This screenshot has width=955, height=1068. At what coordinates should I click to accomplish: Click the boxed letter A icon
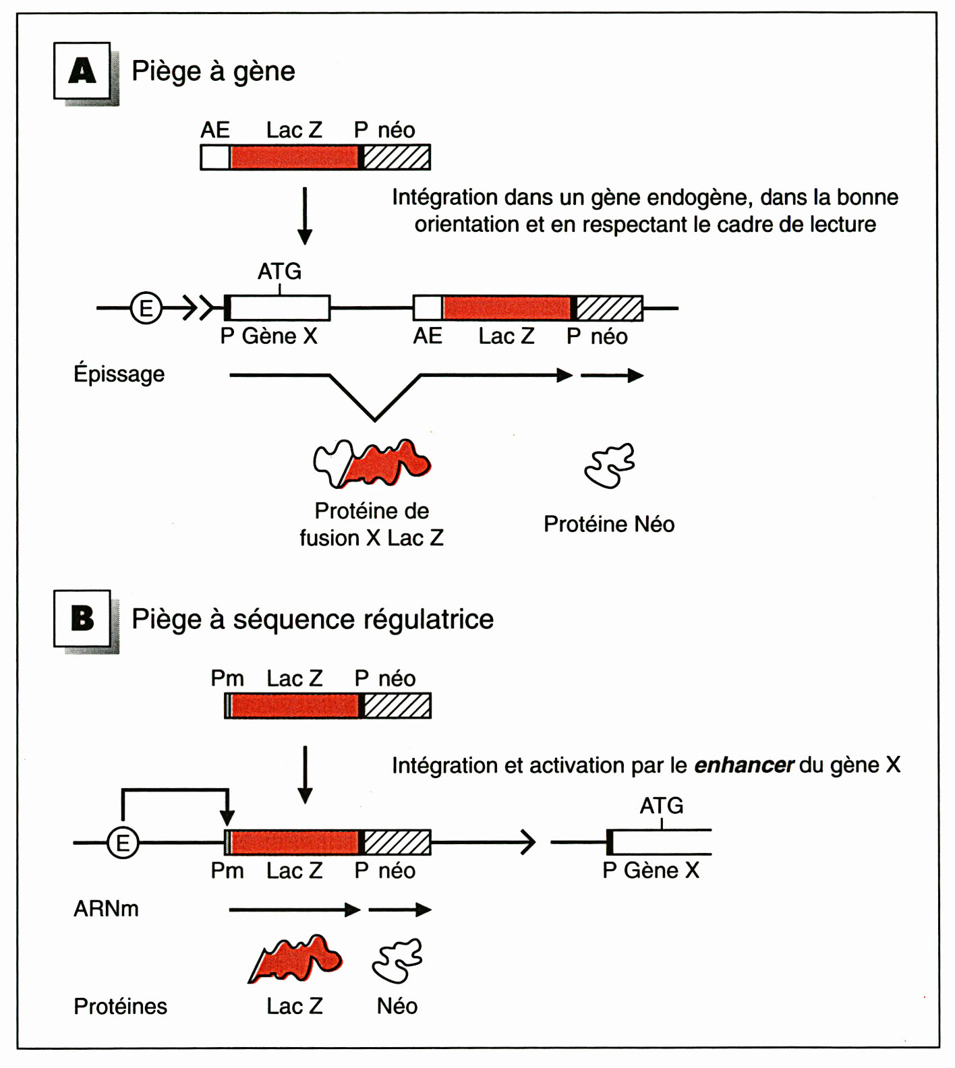[x=82, y=71]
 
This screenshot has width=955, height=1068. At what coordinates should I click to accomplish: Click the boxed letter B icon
[x=82, y=618]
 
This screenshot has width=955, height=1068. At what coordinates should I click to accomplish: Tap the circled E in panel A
[x=146, y=308]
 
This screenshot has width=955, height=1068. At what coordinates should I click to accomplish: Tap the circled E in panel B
[x=123, y=843]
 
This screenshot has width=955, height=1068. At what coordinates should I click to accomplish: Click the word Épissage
[x=119, y=374]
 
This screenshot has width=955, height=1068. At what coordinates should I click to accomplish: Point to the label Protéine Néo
[x=609, y=524]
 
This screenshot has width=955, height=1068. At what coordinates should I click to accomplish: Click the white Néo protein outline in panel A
[x=610, y=465]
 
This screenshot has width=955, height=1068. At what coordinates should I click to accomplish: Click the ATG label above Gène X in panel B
[x=661, y=806]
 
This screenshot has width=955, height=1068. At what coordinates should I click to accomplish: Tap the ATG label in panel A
[x=279, y=272]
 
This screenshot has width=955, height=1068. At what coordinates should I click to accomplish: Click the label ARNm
[x=106, y=909]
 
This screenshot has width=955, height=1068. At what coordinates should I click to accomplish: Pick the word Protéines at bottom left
[x=120, y=1006]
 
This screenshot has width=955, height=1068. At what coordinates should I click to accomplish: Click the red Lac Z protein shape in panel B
[x=297, y=958]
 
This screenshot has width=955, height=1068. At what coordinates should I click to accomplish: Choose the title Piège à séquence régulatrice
[x=312, y=619]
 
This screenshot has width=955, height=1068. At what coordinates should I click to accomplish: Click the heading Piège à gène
[x=213, y=71]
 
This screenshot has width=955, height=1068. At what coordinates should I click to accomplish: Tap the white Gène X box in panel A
[x=280, y=308]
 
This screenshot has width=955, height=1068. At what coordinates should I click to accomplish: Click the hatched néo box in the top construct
[x=397, y=157]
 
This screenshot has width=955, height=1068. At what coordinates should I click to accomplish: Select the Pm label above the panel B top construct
[x=227, y=678]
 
